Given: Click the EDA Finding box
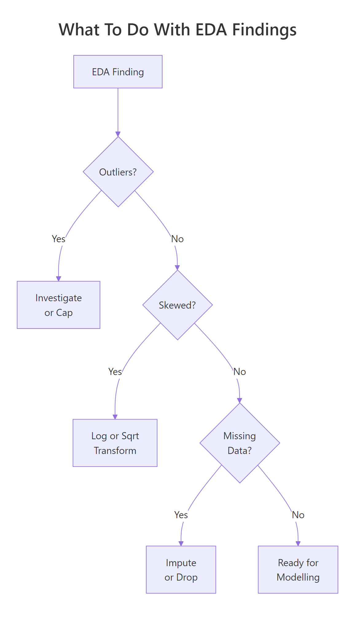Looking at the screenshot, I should pos(118,72).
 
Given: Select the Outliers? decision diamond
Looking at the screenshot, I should pos(118,172).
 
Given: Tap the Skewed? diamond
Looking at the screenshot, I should pos(177,305).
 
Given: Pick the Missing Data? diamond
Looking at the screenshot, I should pos(240,443).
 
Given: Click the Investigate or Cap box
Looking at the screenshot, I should pos(58,305).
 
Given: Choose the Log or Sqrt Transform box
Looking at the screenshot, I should pos(115,443).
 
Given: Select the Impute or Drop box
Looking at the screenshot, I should pos(181,570).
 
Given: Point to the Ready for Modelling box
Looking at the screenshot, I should pos(298,570).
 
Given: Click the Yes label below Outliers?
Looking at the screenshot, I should pos(58,239).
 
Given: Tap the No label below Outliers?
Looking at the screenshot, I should pos(177,239).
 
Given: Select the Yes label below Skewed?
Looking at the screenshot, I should pos(115,372).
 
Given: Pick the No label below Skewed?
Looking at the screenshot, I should pos(240,372).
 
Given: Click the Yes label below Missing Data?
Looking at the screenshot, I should pos(181,515).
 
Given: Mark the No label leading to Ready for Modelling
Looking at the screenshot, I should pos(298,515).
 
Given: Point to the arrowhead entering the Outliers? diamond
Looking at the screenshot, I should pos(118,134).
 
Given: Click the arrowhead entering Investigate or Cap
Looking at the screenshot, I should pos(58,279).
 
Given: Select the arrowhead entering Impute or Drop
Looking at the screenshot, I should pos(181,544).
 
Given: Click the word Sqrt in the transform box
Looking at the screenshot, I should pos(130,436).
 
